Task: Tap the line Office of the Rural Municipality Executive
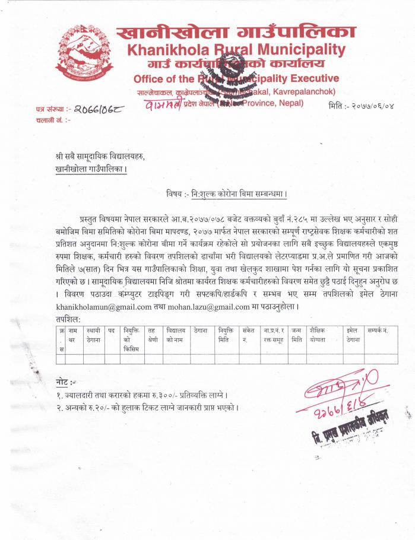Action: [x=236, y=79]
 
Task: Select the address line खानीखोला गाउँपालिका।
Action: [x=89, y=168]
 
